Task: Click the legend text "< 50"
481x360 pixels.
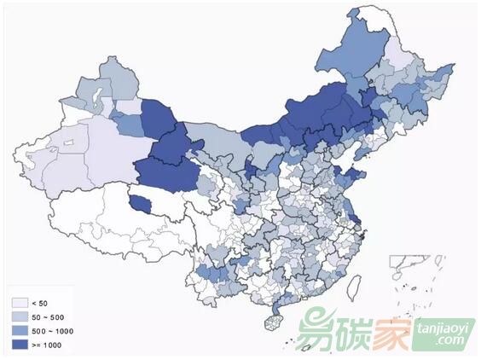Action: [x=40, y=303]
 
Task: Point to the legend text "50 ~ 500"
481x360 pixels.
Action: [x=47, y=316]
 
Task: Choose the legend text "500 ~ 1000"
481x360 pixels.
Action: [x=50, y=330]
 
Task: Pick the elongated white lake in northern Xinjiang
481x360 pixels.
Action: [x=96, y=90]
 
